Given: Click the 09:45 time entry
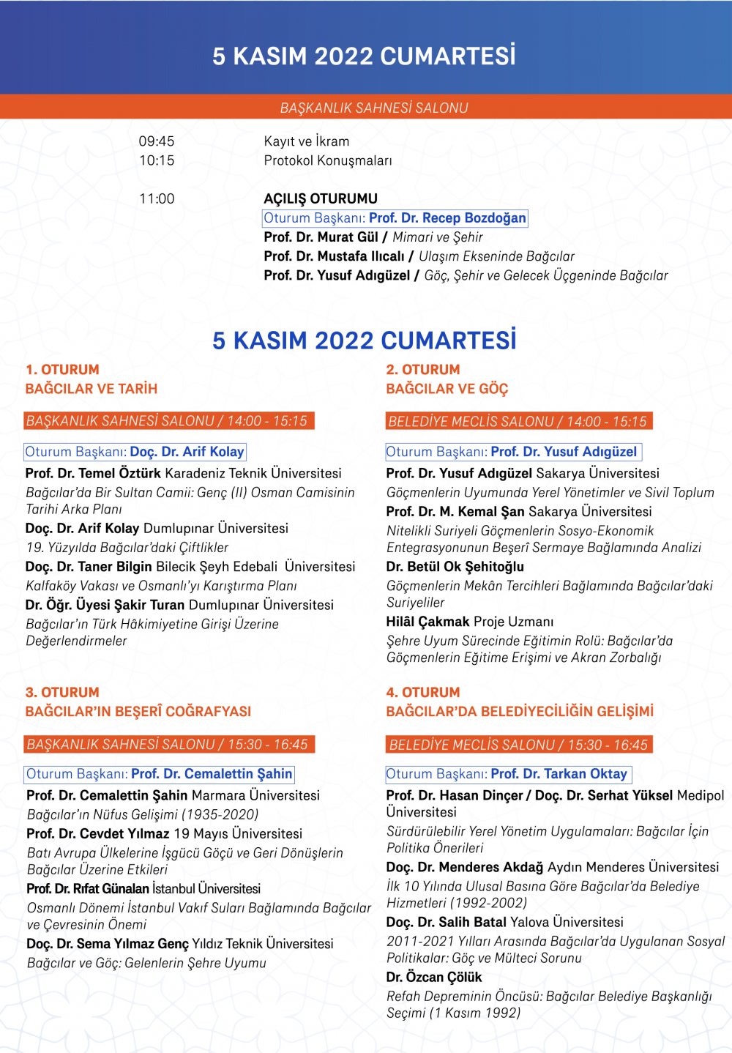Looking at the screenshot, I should pos(157,141).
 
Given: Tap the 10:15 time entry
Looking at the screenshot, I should pos(157,160).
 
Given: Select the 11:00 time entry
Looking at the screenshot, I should pos(157,198).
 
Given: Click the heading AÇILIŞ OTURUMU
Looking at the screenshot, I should pos(321,198).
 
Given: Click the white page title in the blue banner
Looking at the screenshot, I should pos(364,56).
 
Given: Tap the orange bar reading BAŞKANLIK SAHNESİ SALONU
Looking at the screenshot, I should pos(373,108).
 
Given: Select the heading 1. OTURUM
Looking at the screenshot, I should pos(62,370).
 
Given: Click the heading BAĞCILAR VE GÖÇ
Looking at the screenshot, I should pos(447,389).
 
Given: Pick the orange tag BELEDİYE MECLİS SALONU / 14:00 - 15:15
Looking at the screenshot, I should pos(518,421).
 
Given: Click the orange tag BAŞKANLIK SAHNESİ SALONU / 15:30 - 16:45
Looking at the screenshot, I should pos(168,744).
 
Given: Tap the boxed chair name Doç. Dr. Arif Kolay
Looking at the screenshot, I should pos(187,452).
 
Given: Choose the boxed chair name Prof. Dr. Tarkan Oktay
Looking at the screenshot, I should pos(559,774).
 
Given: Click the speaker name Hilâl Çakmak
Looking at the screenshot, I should pos(427,622).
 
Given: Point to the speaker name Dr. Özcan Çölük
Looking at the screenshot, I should pos(434,977).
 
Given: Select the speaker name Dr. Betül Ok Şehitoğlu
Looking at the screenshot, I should pos(455,567).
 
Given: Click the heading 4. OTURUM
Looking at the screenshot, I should pos(423,692).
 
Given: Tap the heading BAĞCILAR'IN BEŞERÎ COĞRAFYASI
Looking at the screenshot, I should pos(138,711).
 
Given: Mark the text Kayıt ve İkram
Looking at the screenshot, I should pos(307,141).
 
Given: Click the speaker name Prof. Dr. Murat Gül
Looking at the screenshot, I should pos(321,237).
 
